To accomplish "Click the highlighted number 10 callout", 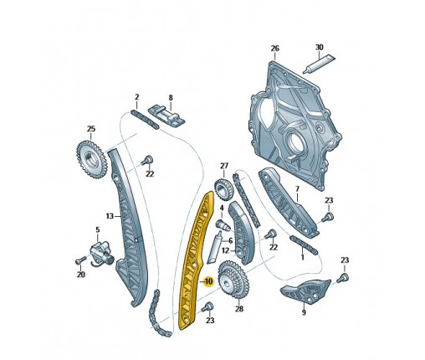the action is (208, 281).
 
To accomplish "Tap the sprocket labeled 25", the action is (91, 160).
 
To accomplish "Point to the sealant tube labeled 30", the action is (319, 64).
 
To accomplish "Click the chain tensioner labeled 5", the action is (102, 252).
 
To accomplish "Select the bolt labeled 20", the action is (79, 261).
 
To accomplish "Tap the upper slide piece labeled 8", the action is (166, 116).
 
